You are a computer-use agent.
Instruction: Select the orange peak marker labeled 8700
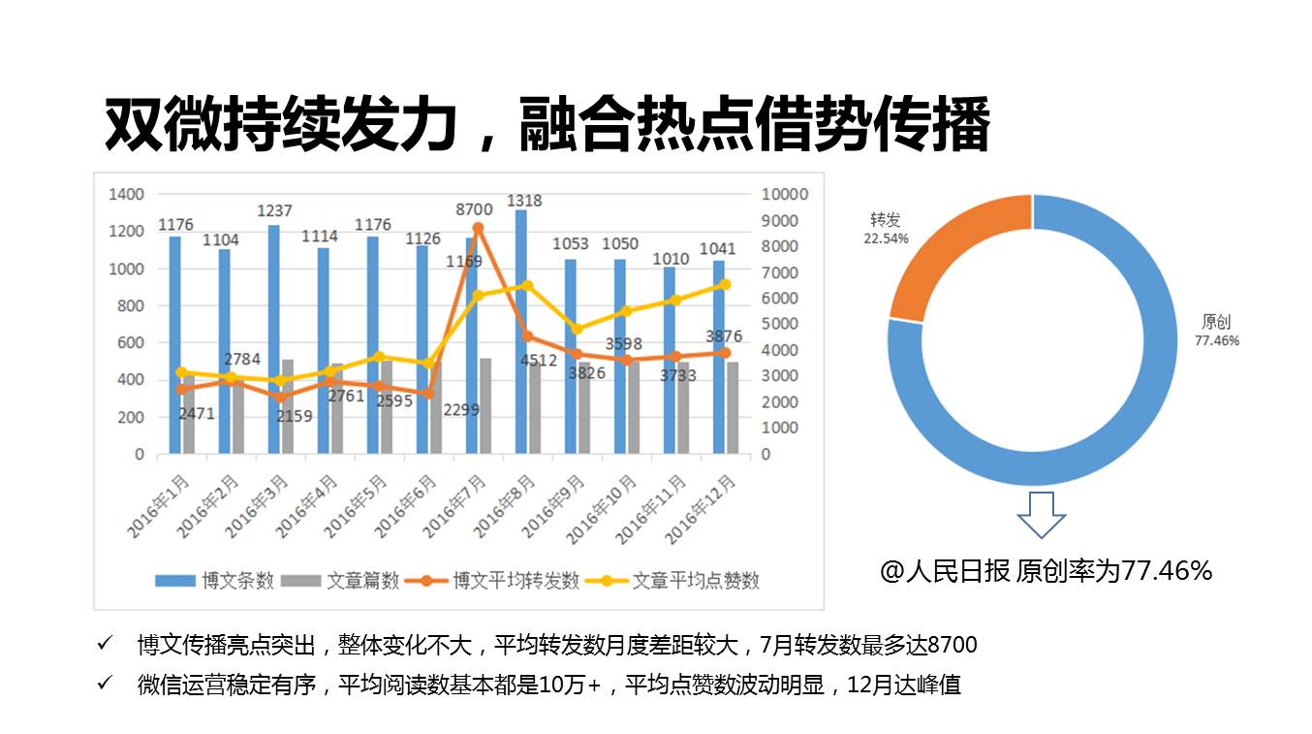[478, 228]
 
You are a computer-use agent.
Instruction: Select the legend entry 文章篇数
[347, 581]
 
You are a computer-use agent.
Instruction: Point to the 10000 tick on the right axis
[785, 195]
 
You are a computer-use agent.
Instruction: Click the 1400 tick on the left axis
[126, 195]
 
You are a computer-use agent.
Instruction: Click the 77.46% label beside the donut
[1217, 341]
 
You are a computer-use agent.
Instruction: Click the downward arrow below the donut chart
[1041, 515]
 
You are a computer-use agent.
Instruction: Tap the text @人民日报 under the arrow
[946, 571]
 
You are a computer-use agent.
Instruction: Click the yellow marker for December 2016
[725, 284]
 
